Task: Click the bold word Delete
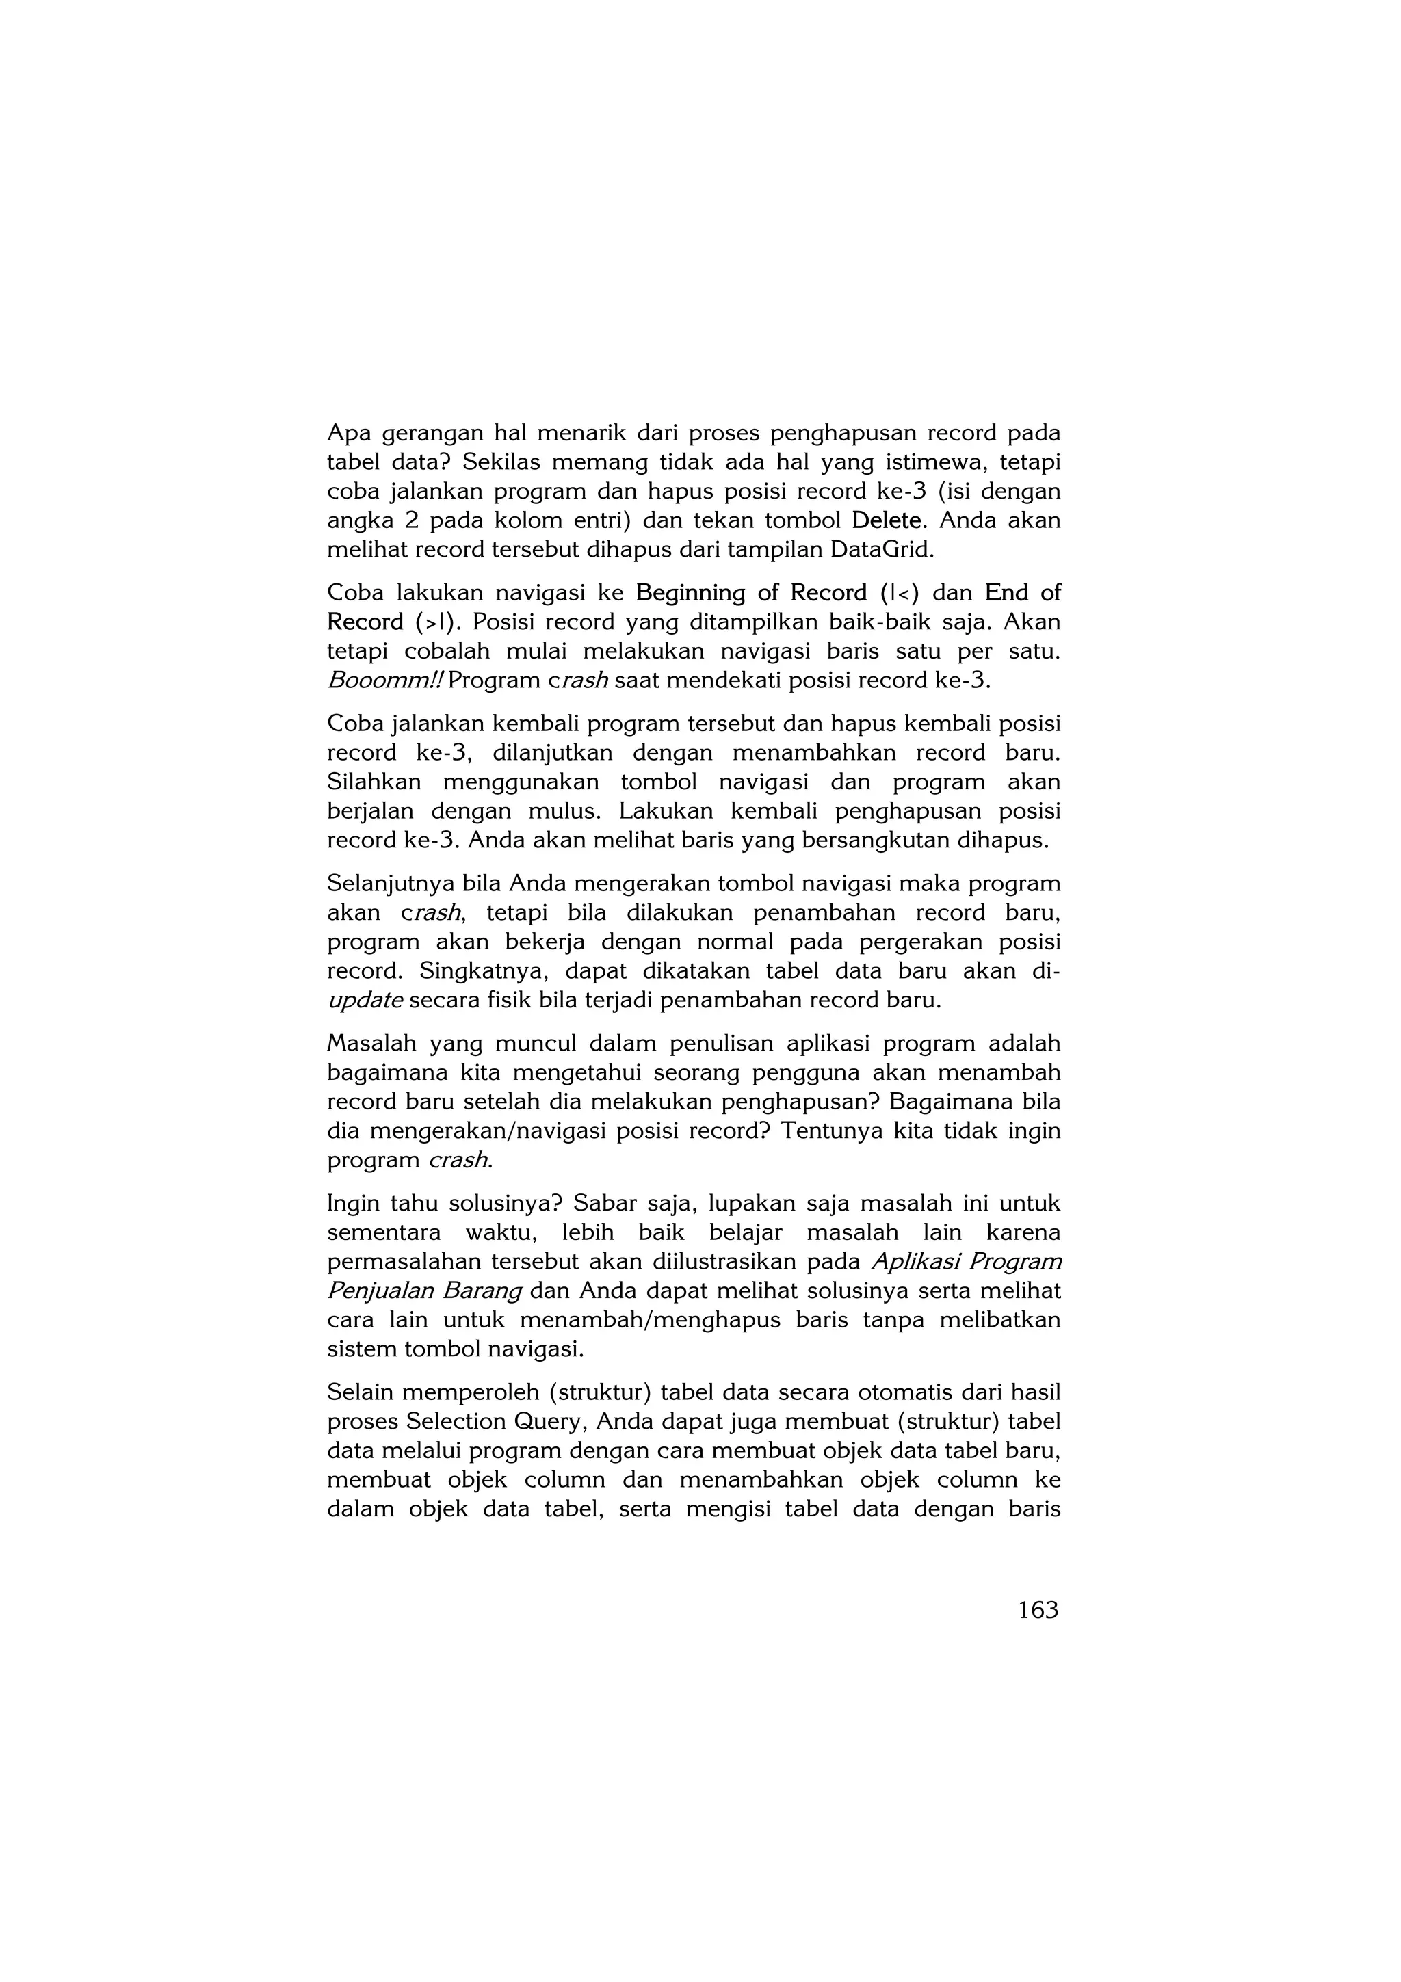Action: point(886,520)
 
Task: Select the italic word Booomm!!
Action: point(385,681)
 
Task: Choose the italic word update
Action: point(365,1001)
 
